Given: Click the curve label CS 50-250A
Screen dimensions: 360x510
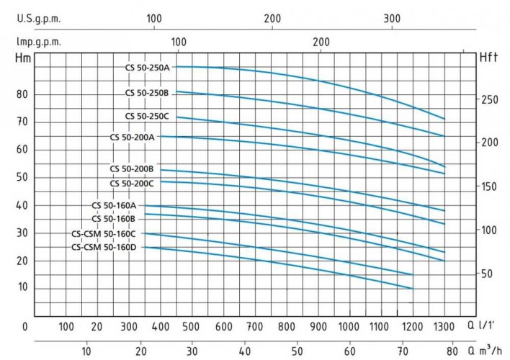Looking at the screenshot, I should (x=147, y=67).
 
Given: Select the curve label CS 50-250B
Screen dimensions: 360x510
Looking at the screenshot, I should (x=147, y=92).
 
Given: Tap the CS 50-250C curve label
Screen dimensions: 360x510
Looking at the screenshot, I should (x=147, y=116).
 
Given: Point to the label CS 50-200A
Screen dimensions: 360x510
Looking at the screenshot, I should (x=132, y=136).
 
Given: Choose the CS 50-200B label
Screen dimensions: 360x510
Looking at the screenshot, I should (x=132, y=169).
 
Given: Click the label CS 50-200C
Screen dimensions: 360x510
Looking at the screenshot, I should (x=132, y=183).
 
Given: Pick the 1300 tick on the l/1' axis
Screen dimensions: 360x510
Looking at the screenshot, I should (x=445, y=326).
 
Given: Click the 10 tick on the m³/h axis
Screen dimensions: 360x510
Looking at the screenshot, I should (x=86, y=352).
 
